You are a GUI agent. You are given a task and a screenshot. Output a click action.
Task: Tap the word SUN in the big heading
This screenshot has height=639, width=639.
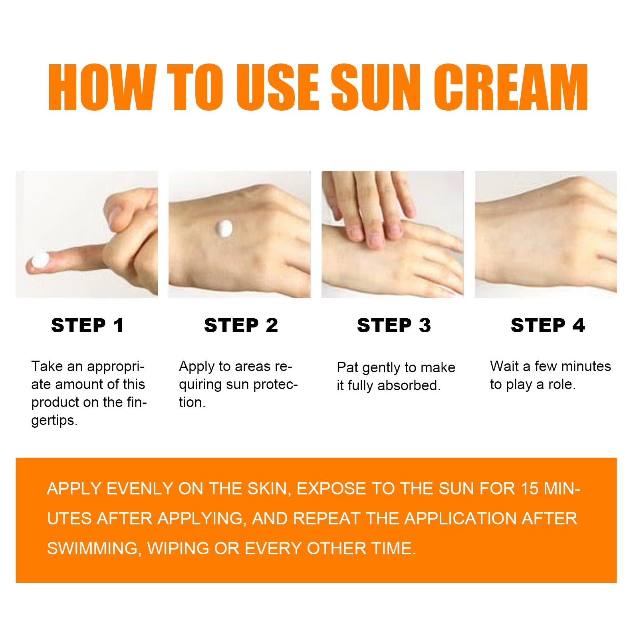pyautogui.click(x=375, y=87)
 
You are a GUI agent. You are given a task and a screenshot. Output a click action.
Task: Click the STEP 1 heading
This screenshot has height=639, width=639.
pyautogui.click(x=87, y=325)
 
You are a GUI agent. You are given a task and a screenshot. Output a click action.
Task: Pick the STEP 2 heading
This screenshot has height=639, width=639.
pyautogui.click(x=241, y=325)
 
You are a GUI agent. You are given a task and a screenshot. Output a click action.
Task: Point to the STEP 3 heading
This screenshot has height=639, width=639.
pyautogui.click(x=394, y=325)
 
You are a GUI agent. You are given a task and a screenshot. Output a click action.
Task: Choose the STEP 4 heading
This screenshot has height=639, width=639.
pyautogui.click(x=548, y=325)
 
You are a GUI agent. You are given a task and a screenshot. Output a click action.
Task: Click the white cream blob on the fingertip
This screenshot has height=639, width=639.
pyautogui.click(x=40, y=260)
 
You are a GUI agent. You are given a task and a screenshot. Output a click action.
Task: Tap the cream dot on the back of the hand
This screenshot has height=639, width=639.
pyautogui.click(x=224, y=228)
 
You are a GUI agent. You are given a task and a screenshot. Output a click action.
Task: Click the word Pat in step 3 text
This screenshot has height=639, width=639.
pyautogui.click(x=347, y=367)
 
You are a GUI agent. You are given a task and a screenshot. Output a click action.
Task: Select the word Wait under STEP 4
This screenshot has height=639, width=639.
pyautogui.click(x=504, y=366)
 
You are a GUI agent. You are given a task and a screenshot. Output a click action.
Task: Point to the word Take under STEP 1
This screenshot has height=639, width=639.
pyautogui.click(x=47, y=366)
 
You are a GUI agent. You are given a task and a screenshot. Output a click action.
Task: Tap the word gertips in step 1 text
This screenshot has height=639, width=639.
pyautogui.click(x=54, y=421)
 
